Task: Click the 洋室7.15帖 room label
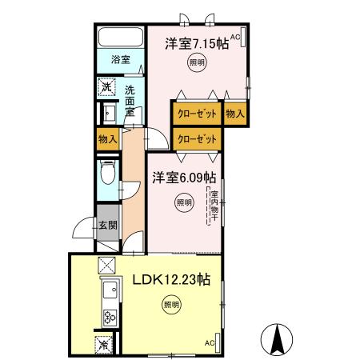pos(197,44)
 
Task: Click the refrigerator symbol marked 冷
pos(104,344)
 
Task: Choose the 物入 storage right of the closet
pos(234,114)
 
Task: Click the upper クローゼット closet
pos(196,114)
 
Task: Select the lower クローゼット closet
pos(196,139)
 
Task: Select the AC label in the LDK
pos(210,342)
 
